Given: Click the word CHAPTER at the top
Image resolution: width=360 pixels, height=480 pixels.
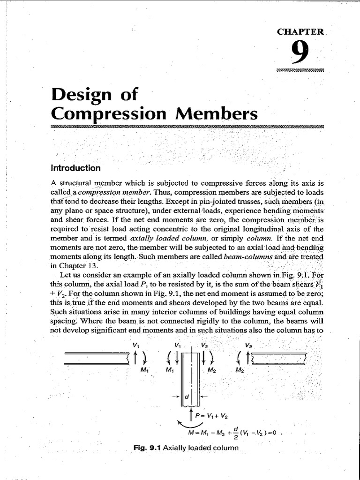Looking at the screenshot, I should tap(300, 32).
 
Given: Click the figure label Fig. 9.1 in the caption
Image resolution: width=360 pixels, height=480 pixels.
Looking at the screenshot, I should tap(147, 448).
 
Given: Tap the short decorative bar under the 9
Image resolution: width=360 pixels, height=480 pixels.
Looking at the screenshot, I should tap(300, 70).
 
